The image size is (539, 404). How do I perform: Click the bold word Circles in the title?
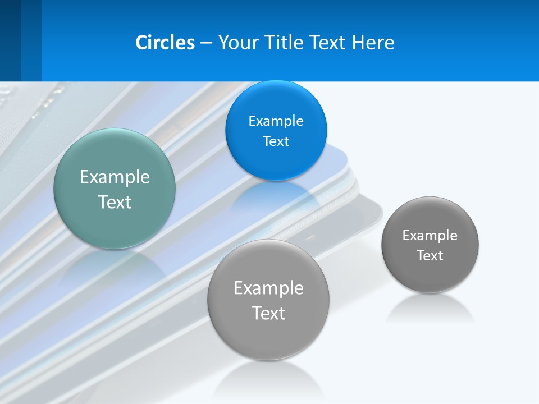click(165, 43)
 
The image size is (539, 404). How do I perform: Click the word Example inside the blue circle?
click(276, 121)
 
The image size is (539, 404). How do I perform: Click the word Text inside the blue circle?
click(276, 141)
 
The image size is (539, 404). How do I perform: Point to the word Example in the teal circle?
click(115, 177)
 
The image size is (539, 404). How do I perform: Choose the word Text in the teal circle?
click(115, 202)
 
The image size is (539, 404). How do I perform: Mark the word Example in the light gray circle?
click(268, 288)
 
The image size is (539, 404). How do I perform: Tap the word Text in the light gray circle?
click(268, 313)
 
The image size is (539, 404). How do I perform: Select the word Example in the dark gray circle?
click(430, 235)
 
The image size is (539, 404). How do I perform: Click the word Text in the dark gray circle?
click(430, 256)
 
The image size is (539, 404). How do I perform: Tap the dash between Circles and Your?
click(206, 43)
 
